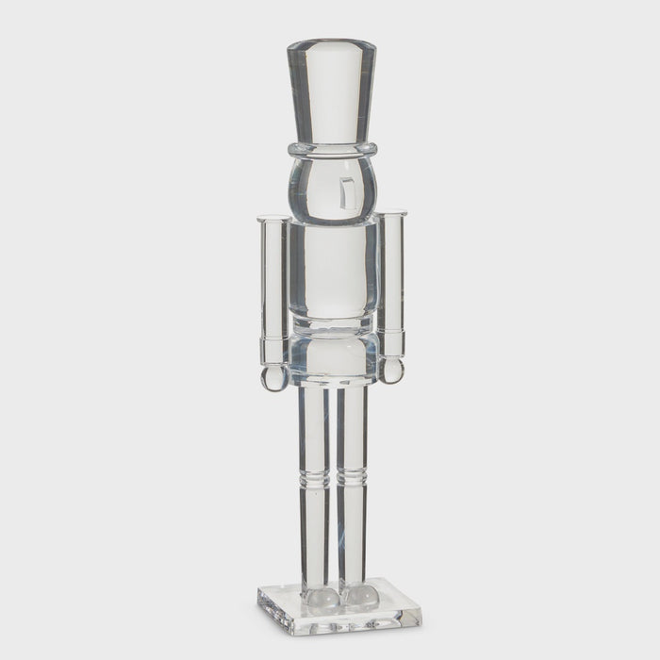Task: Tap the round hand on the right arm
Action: (391, 371)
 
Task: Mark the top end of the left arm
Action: (272, 221)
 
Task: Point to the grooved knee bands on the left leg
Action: (314, 477)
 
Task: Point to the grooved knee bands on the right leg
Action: (353, 477)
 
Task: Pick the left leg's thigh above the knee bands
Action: (314, 429)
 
